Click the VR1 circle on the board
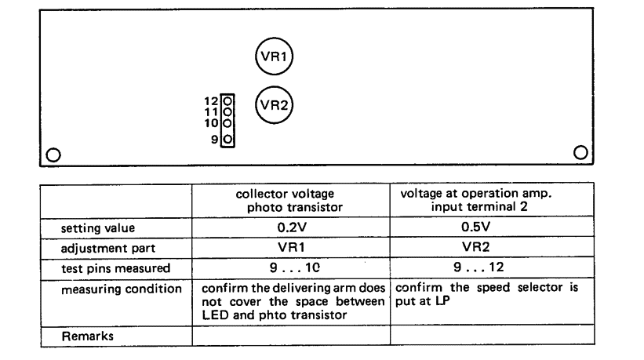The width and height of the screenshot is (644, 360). (275, 56)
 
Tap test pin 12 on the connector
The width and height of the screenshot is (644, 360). (227, 101)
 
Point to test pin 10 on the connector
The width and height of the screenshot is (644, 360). (227, 123)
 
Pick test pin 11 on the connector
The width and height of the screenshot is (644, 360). (227, 112)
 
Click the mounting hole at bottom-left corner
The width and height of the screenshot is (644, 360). (53, 154)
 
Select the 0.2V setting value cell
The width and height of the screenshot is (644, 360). (291, 228)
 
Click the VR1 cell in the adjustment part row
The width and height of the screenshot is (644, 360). (291, 247)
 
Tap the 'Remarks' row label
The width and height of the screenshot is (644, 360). (83, 334)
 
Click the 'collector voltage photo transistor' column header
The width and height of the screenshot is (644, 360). (291, 201)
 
